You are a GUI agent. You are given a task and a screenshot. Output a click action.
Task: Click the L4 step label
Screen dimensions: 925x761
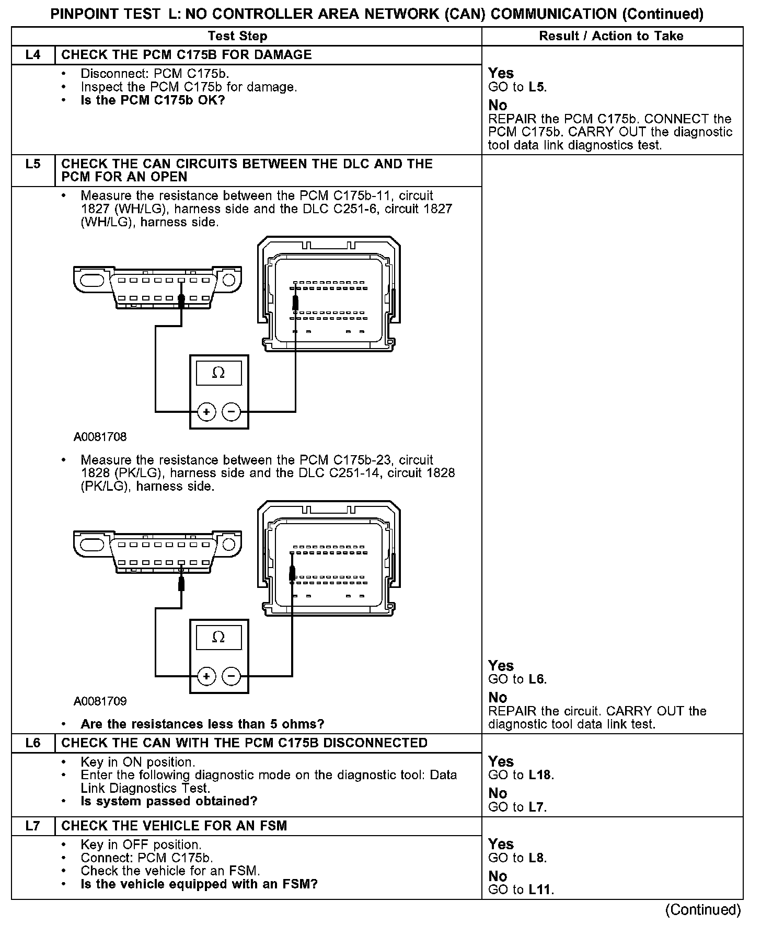[x=32, y=55]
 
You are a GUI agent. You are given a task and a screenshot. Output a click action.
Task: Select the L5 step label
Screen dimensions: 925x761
[x=32, y=164]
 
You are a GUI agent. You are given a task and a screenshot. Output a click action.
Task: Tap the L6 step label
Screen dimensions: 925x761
[x=32, y=743]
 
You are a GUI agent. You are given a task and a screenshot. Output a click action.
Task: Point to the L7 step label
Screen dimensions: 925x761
[x=32, y=826]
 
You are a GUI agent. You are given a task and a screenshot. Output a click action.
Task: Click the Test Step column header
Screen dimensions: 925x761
[x=237, y=36]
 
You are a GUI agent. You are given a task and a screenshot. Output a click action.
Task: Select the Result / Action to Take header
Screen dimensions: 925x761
[x=611, y=36]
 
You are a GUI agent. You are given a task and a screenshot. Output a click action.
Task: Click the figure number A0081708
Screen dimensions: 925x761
[x=100, y=437]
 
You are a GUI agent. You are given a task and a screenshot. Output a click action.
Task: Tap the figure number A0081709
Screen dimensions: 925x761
[x=100, y=701]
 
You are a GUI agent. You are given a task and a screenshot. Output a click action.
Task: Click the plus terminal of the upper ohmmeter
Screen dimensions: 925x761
[x=206, y=412]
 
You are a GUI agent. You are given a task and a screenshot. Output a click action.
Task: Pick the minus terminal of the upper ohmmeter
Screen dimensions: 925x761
[x=232, y=412]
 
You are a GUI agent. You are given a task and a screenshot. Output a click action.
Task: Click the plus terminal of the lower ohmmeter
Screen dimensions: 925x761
[x=206, y=676]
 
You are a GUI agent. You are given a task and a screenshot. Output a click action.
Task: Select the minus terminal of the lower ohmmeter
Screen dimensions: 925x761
[x=232, y=676]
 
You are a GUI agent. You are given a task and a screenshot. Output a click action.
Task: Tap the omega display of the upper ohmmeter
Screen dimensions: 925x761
[x=219, y=373]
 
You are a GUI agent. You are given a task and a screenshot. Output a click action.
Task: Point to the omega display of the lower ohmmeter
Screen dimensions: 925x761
[x=219, y=638]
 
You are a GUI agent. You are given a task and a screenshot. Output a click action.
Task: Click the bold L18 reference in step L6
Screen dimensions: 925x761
[x=540, y=775]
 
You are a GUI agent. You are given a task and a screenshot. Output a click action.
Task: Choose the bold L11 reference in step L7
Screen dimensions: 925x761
[x=540, y=889]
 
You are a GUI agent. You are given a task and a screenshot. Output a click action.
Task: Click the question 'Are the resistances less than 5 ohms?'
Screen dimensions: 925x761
[x=202, y=724]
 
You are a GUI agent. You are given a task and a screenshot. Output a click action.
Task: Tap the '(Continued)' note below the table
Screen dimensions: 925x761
[x=703, y=910]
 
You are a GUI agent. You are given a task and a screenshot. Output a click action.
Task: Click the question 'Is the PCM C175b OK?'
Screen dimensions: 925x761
[x=153, y=100]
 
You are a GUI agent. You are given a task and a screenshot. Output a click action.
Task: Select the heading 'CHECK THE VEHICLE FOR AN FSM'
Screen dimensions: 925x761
[x=174, y=826]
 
